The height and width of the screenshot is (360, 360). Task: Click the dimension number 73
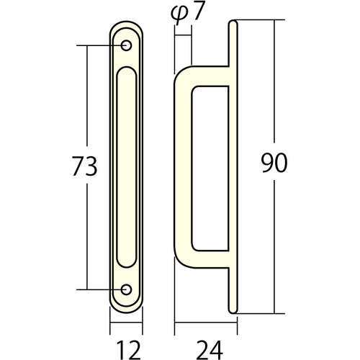click(x=85, y=167)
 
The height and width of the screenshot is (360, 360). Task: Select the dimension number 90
click(x=274, y=164)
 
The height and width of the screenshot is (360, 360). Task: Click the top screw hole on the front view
click(x=127, y=46)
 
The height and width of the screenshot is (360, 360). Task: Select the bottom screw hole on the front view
click(x=127, y=289)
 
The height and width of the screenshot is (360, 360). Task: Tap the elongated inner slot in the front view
click(x=126, y=167)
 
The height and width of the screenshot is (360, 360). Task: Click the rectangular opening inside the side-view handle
click(x=211, y=167)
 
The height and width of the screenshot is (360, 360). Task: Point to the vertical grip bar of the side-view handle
click(x=183, y=167)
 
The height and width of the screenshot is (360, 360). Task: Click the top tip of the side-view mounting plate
click(x=233, y=25)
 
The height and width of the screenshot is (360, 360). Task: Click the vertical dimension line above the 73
click(x=88, y=101)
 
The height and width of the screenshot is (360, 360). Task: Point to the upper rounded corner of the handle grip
click(x=184, y=76)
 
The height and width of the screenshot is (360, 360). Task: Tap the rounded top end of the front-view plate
click(x=127, y=29)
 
